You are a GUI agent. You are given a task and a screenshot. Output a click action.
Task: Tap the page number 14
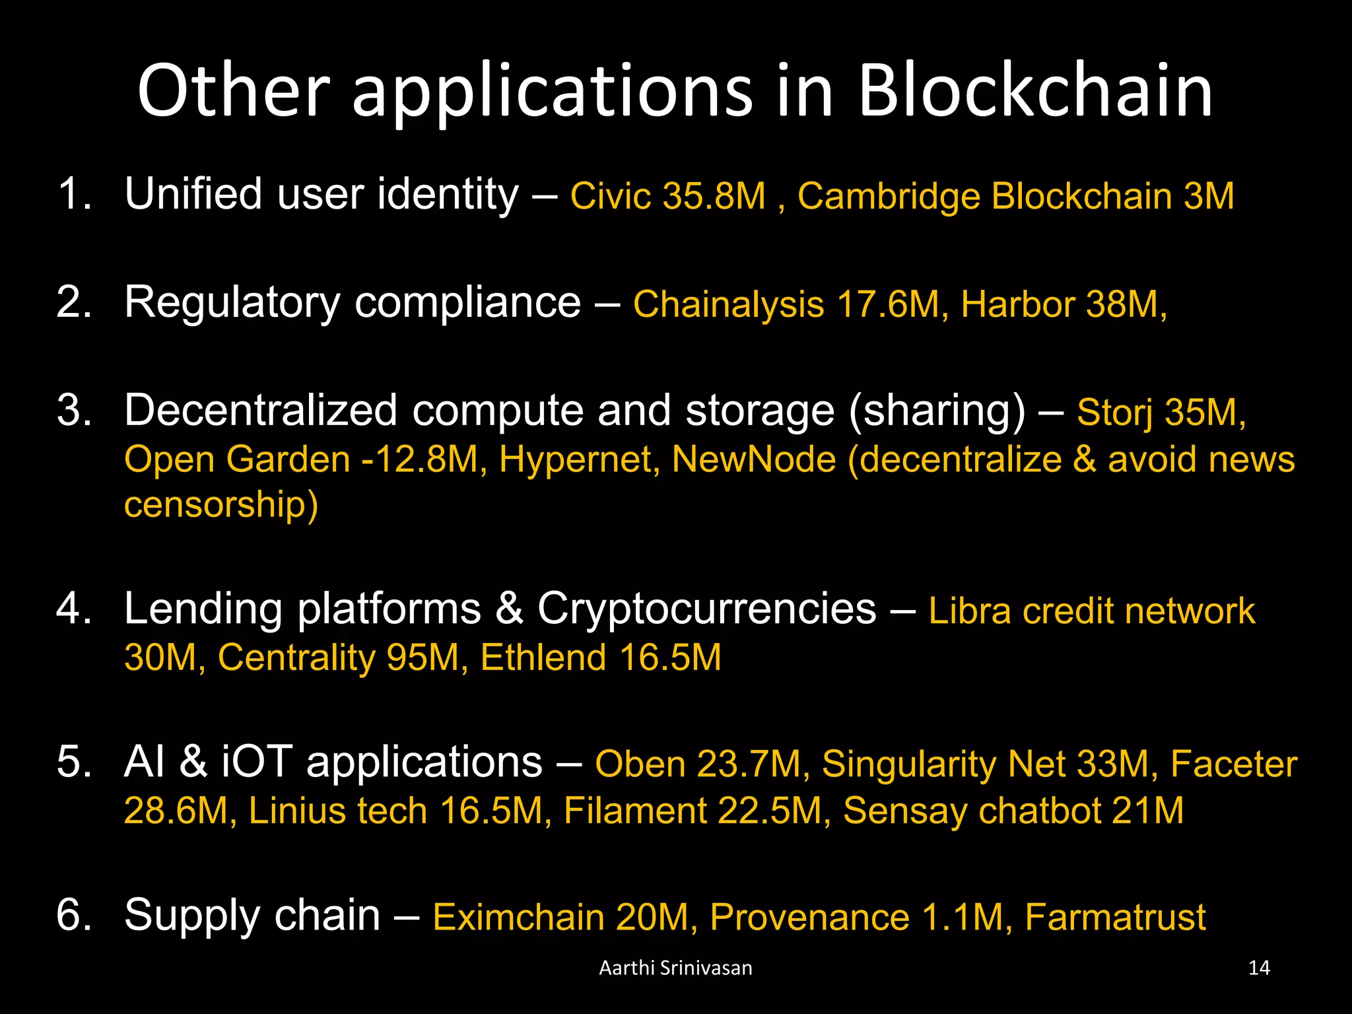pos(1259,968)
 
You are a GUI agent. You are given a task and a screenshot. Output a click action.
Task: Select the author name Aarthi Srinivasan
pos(675,968)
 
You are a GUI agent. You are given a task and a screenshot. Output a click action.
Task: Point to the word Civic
pos(610,196)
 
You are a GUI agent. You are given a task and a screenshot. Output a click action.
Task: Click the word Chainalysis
pos(728,304)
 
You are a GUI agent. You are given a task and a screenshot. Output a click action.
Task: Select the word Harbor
pos(1017,304)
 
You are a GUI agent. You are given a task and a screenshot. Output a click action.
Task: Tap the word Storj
pos(1114,413)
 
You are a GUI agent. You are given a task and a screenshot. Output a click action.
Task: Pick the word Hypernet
pos(579,459)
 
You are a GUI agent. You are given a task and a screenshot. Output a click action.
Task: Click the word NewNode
pos(753,459)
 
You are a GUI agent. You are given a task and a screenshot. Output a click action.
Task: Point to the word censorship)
pos(221,505)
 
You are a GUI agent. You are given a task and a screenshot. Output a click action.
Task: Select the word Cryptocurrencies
pos(706,608)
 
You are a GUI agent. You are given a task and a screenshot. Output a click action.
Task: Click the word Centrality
pos(296,658)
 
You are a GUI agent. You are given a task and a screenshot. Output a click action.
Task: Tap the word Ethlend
pos(543,658)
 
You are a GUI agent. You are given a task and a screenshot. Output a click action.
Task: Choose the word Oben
pos(640,764)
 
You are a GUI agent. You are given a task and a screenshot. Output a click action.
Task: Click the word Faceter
pos(1233,764)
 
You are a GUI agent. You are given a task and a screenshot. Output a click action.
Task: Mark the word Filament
pos(634,811)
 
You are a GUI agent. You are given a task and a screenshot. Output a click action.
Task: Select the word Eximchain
pos(518,917)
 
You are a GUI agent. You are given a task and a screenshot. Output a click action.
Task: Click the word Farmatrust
pos(1115,917)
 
